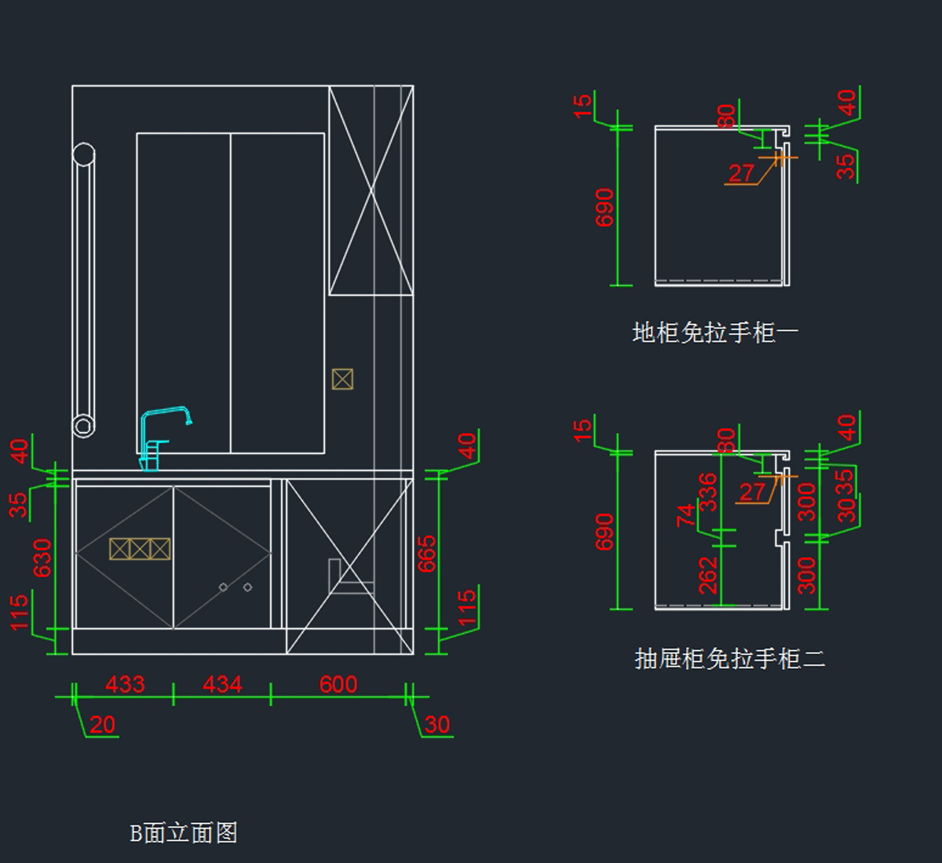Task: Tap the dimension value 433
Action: coord(125,685)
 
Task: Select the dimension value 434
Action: coord(222,685)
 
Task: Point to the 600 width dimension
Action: coord(338,685)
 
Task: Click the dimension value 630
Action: coord(42,558)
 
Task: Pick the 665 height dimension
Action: coord(426,554)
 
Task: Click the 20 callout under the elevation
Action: coord(102,725)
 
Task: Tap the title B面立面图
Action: coord(184,832)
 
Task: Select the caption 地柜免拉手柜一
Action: coord(715,332)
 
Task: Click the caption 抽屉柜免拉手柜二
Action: coord(729,658)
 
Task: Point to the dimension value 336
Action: coord(707,492)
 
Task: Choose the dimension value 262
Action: coord(707,576)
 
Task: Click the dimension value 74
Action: coord(686,516)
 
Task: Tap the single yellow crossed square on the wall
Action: coord(342,379)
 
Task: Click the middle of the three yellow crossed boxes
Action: coord(140,549)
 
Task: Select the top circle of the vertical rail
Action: coord(83,155)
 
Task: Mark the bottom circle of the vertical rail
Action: coord(83,426)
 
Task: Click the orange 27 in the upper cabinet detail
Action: coord(741,173)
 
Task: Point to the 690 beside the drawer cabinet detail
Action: coord(604,532)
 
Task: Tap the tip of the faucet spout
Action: coord(189,422)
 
